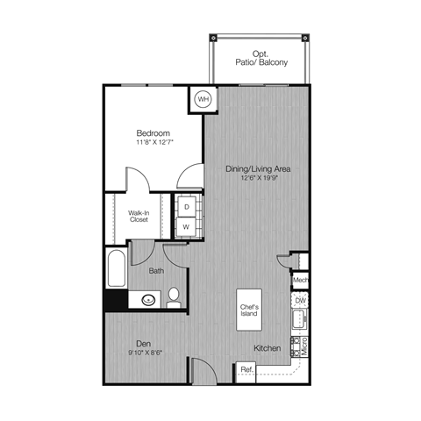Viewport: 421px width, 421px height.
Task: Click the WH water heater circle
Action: [x=203, y=99]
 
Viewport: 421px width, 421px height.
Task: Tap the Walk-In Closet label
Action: [x=138, y=216]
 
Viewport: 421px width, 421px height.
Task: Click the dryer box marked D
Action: [x=186, y=206]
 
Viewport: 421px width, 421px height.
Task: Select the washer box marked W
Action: [x=186, y=226]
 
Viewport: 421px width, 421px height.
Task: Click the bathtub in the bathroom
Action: [x=117, y=271]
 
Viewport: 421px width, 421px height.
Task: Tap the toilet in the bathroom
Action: [x=174, y=296]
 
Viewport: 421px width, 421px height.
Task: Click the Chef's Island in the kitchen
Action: [x=249, y=310]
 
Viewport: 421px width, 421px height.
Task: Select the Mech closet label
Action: [x=300, y=282]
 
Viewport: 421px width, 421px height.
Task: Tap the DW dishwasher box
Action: [x=300, y=302]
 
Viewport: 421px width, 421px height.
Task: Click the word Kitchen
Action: [x=268, y=348]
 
